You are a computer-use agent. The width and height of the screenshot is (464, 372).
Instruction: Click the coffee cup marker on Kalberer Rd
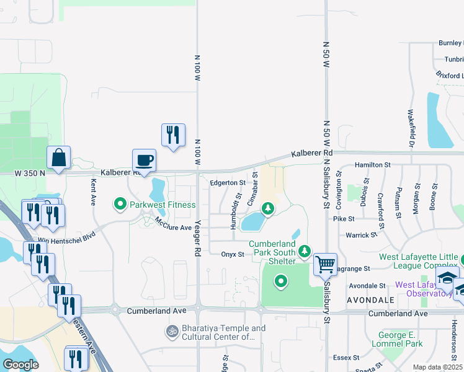(x=144, y=161)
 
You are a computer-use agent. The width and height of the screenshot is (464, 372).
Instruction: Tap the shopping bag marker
(x=59, y=158)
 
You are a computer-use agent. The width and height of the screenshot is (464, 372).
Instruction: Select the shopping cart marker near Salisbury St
(x=325, y=264)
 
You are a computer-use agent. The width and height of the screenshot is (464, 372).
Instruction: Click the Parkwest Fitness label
(x=163, y=205)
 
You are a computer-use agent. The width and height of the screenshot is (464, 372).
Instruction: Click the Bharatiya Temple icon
(x=172, y=332)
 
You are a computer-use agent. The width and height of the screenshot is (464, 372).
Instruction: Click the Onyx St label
(x=232, y=254)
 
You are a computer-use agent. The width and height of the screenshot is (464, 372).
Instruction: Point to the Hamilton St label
(x=372, y=165)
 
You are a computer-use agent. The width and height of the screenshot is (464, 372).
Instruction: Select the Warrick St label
(x=361, y=235)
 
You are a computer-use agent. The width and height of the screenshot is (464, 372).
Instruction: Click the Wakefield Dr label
(x=411, y=127)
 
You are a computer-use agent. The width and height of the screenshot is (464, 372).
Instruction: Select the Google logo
(x=20, y=364)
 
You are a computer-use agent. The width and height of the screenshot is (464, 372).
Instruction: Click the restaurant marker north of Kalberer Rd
(x=173, y=135)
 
